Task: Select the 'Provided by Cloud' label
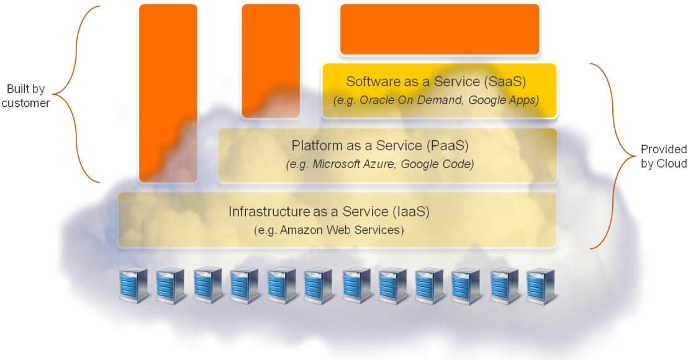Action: tap(664, 156)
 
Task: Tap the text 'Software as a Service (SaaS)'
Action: tap(436, 82)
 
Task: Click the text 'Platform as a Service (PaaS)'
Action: tap(379, 146)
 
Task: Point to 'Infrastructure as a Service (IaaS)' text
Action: tap(328, 212)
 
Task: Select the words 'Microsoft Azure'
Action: tap(356, 165)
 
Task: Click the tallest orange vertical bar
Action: tap(168, 93)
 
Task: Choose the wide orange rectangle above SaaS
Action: tap(440, 29)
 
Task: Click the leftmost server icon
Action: tap(133, 285)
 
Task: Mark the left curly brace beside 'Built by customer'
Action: tap(78, 94)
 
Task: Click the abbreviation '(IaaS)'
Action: tap(412, 212)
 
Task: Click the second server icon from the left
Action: tap(170, 285)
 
